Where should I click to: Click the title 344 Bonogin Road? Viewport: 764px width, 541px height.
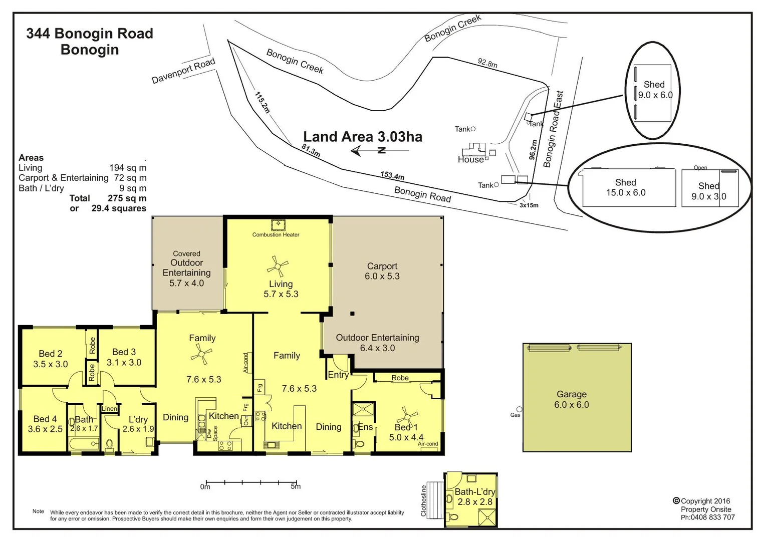[x=89, y=34]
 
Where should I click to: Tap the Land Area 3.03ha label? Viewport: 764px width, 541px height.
[x=363, y=137]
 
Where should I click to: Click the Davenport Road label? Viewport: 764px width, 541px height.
[x=183, y=71]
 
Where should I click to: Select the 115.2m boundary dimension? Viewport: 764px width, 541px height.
[x=262, y=102]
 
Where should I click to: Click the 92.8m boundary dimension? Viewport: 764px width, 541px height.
[x=487, y=63]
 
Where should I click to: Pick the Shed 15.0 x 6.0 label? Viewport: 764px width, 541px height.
[x=626, y=187]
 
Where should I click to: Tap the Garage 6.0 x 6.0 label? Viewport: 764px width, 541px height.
[x=571, y=399]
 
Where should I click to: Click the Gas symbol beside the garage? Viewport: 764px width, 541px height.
[x=519, y=410]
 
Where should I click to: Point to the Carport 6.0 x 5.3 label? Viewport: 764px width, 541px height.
[x=382, y=271]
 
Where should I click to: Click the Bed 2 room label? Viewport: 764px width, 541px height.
[x=50, y=359]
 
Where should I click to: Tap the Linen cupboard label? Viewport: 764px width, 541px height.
[x=109, y=409]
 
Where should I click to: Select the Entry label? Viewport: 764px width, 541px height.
[x=338, y=375]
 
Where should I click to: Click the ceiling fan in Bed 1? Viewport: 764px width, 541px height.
[x=407, y=416]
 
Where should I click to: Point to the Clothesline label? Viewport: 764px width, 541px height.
[x=424, y=500]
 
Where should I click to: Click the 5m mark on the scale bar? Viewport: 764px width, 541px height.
[x=296, y=486]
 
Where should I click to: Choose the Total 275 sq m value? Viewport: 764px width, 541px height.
[x=127, y=198]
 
